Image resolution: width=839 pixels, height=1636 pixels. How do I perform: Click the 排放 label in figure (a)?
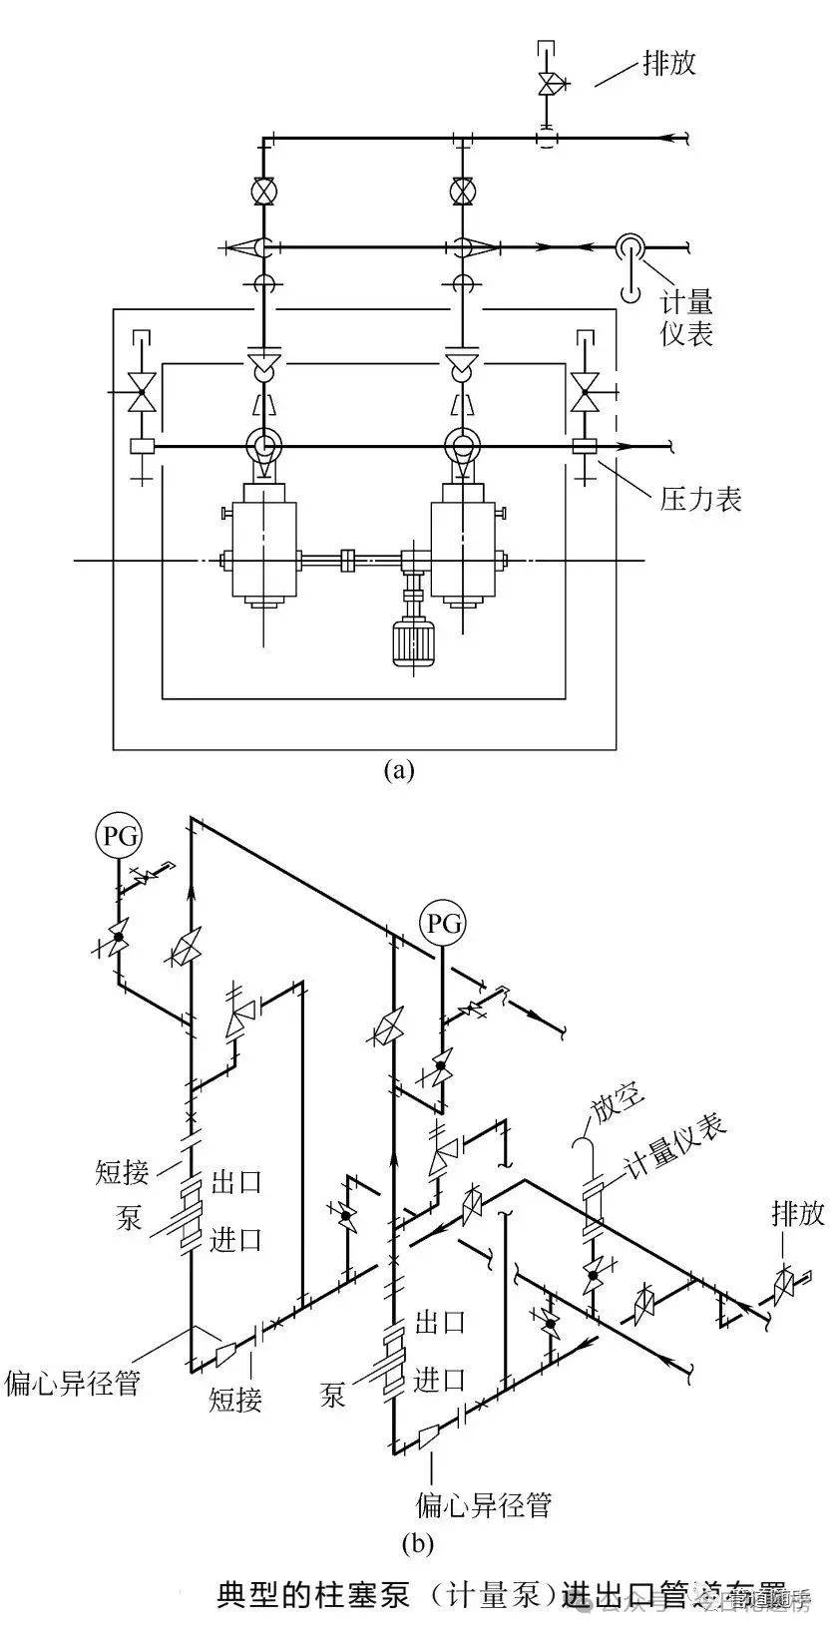[669, 64]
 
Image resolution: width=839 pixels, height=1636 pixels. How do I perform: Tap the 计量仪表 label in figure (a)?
[686, 318]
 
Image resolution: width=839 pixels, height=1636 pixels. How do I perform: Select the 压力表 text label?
[701, 499]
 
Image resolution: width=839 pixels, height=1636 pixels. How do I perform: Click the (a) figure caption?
[398, 770]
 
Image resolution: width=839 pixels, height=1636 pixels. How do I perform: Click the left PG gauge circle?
[119, 834]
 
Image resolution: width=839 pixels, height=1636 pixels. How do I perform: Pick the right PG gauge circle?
[444, 923]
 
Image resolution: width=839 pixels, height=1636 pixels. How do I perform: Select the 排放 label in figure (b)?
[798, 1213]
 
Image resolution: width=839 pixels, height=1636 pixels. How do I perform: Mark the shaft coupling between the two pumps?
[349, 561]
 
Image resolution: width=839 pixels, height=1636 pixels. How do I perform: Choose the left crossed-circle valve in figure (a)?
[263, 190]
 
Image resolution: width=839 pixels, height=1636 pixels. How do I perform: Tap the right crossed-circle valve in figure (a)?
[461, 190]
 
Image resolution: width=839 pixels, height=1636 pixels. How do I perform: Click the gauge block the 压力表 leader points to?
[583, 446]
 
